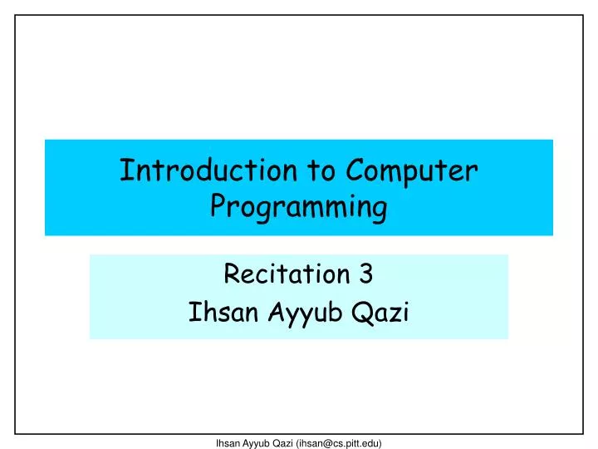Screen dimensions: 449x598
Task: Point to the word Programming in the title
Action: tap(298, 208)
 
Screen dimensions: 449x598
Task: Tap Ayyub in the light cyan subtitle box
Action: tap(293, 313)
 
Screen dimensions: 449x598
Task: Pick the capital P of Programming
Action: tap(218, 206)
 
